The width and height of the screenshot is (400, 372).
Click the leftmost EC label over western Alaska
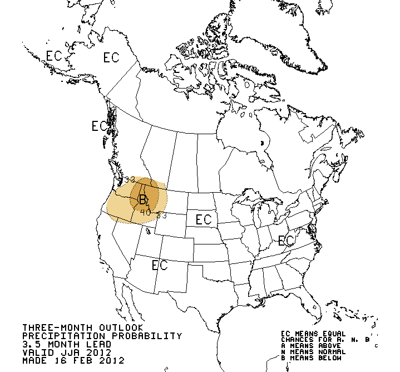pos(53,56)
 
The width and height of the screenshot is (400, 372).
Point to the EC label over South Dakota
pos(203,219)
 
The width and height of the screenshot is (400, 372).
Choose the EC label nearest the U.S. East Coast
pos(286,241)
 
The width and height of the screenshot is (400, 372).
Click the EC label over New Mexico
pos(160,266)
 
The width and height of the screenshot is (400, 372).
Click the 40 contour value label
pos(146,212)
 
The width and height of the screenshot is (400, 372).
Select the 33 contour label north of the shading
pos(129,179)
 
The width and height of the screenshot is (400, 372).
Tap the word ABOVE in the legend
pos(320,346)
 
